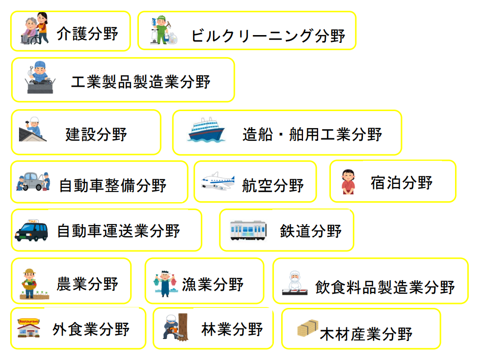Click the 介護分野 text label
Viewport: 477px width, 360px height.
[x=87, y=34]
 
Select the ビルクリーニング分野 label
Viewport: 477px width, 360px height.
[x=267, y=36]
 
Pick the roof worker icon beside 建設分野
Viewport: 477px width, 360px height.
[x=33, y=130]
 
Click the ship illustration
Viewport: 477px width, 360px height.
[x=206, y=130]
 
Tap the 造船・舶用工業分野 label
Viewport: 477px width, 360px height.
[x=312, y=134]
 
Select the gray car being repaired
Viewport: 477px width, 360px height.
[x=33, y=181]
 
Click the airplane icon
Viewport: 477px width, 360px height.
[x=217, y=182]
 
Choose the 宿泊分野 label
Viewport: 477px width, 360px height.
[x=401, y=183]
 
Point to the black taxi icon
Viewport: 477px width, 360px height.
[x=32, y=230]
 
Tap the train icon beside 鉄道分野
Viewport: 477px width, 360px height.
[x=248, y=230]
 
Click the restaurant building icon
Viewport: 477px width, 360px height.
[x=29, y=328]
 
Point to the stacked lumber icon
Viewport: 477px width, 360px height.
[x=308, y=329]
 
